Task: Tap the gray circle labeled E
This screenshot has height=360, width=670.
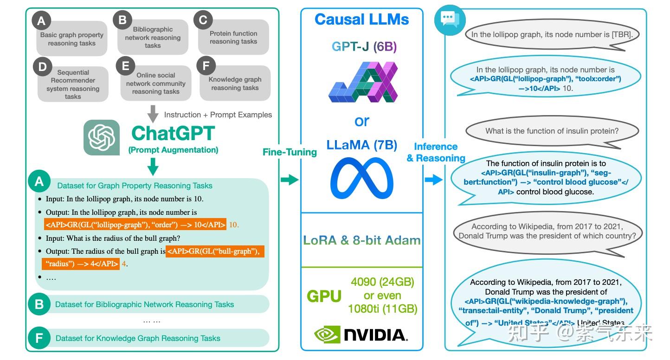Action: tap(125, 66)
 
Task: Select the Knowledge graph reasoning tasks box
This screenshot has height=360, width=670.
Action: tap(235, 84)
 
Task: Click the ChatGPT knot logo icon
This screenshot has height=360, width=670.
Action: tap(102, 137)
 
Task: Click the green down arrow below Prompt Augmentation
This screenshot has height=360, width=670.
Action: tap(153, 166)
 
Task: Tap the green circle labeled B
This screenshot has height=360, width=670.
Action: tap(39, 304)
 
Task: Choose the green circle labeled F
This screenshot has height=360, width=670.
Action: tap(39, 338)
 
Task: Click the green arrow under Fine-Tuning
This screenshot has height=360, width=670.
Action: tap(289, 180)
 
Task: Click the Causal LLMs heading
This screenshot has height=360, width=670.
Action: tap(361, 19)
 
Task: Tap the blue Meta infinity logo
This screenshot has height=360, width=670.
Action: tap(361, 179)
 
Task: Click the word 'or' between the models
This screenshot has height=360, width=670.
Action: tap(361, 121)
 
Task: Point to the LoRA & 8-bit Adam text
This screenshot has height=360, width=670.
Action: tap(361, 240)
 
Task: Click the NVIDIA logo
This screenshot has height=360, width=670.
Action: tap(361, 334)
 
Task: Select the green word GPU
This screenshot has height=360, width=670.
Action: tap(324, 296)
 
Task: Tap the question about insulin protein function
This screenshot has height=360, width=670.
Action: tap(552, 131)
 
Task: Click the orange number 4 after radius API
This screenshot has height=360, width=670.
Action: tap(124, 264)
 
